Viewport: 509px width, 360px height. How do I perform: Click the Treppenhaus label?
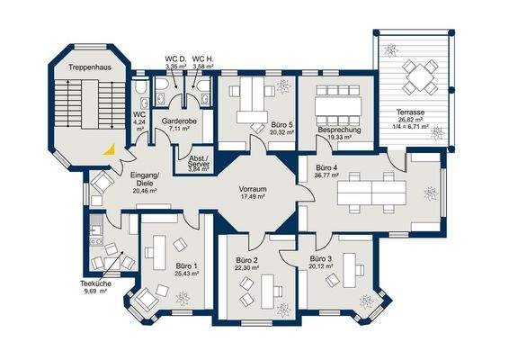[90, 67]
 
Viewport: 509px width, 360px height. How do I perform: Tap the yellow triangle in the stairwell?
[110, 149]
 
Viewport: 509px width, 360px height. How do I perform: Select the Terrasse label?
[410, 112]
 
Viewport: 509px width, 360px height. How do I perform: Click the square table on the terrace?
[419, 77]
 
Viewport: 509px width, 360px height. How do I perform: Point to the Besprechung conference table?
[338, 106]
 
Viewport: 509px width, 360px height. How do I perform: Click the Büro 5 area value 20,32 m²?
[281, 132]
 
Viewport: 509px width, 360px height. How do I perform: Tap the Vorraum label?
[253, 189]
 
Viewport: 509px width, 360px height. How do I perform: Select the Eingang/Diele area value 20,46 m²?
[145, 192]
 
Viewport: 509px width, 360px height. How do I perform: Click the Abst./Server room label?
[200, 161]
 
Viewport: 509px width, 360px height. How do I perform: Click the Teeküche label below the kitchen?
[95, 283]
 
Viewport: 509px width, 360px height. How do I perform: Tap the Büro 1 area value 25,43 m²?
[186, 274]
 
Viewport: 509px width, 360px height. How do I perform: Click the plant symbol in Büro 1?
[183, 298]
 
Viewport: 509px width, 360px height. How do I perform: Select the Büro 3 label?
[321, 259]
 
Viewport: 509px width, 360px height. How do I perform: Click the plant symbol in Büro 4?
[431, 194]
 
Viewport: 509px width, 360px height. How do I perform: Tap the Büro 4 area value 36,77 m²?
[327, 175]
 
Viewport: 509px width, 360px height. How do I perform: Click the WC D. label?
[175, 59]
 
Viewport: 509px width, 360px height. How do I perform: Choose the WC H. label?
[203, 59]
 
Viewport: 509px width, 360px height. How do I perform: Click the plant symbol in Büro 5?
[282, 85]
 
